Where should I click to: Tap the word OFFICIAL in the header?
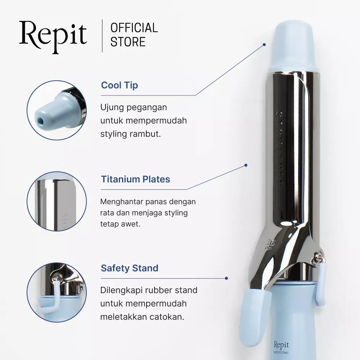click(134, 28)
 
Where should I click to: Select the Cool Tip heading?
click(119, 85)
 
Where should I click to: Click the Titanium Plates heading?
click(135, 179)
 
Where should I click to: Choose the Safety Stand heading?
click(130, 268)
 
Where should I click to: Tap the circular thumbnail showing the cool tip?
click(57, 110)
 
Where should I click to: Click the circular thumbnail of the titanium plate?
click(57, 201)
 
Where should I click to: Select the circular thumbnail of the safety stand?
click(57, 292)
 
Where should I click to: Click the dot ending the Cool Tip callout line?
click(264, 45)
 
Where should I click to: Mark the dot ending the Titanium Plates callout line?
click(246, 165)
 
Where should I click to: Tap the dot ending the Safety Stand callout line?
click(226, 278)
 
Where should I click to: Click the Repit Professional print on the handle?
click(281, 346)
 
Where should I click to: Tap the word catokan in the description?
click(171, 318)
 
